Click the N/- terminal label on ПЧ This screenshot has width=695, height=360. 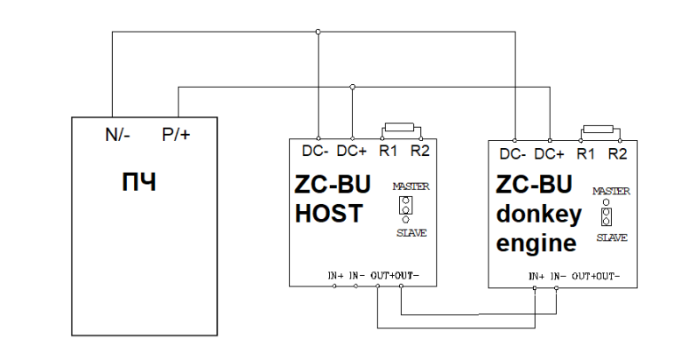[116, 135]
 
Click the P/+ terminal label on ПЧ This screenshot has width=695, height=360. [175, 135]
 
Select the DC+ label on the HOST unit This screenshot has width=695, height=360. [352, 151]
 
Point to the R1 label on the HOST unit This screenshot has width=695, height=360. [389, 151]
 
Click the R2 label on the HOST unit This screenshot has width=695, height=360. [420, 151]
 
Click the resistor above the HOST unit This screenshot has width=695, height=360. [401, 127]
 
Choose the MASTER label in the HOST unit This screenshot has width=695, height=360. [411, 187]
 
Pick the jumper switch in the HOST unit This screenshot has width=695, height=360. [405, 208]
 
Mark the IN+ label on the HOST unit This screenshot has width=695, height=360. [336, 276]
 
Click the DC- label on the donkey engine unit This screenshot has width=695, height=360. [513, 154]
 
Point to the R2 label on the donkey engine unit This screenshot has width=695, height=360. [618, 154]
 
